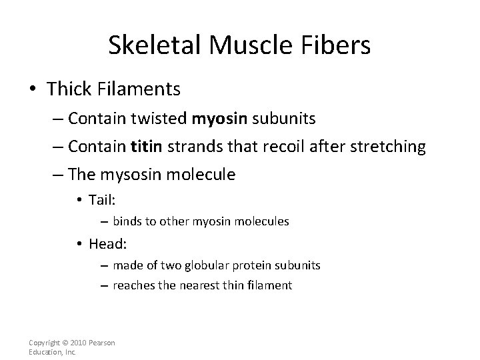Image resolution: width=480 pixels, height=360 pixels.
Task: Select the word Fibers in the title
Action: click(x=339, y=45)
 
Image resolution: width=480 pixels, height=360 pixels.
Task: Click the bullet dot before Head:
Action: click(x=79, y=243)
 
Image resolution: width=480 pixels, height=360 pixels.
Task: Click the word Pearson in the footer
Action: click(x=101, y=343)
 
